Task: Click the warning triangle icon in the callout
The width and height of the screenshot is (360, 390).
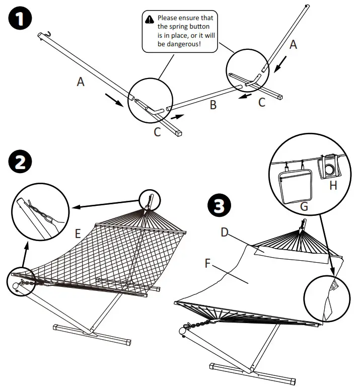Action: click(x=150, y=19)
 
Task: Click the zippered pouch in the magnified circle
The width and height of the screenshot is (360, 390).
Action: click(x=296, y=184)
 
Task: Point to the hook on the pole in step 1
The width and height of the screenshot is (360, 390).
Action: click(x=47, y=35)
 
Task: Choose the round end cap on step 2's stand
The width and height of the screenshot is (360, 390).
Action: click(x=16, y=285)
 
